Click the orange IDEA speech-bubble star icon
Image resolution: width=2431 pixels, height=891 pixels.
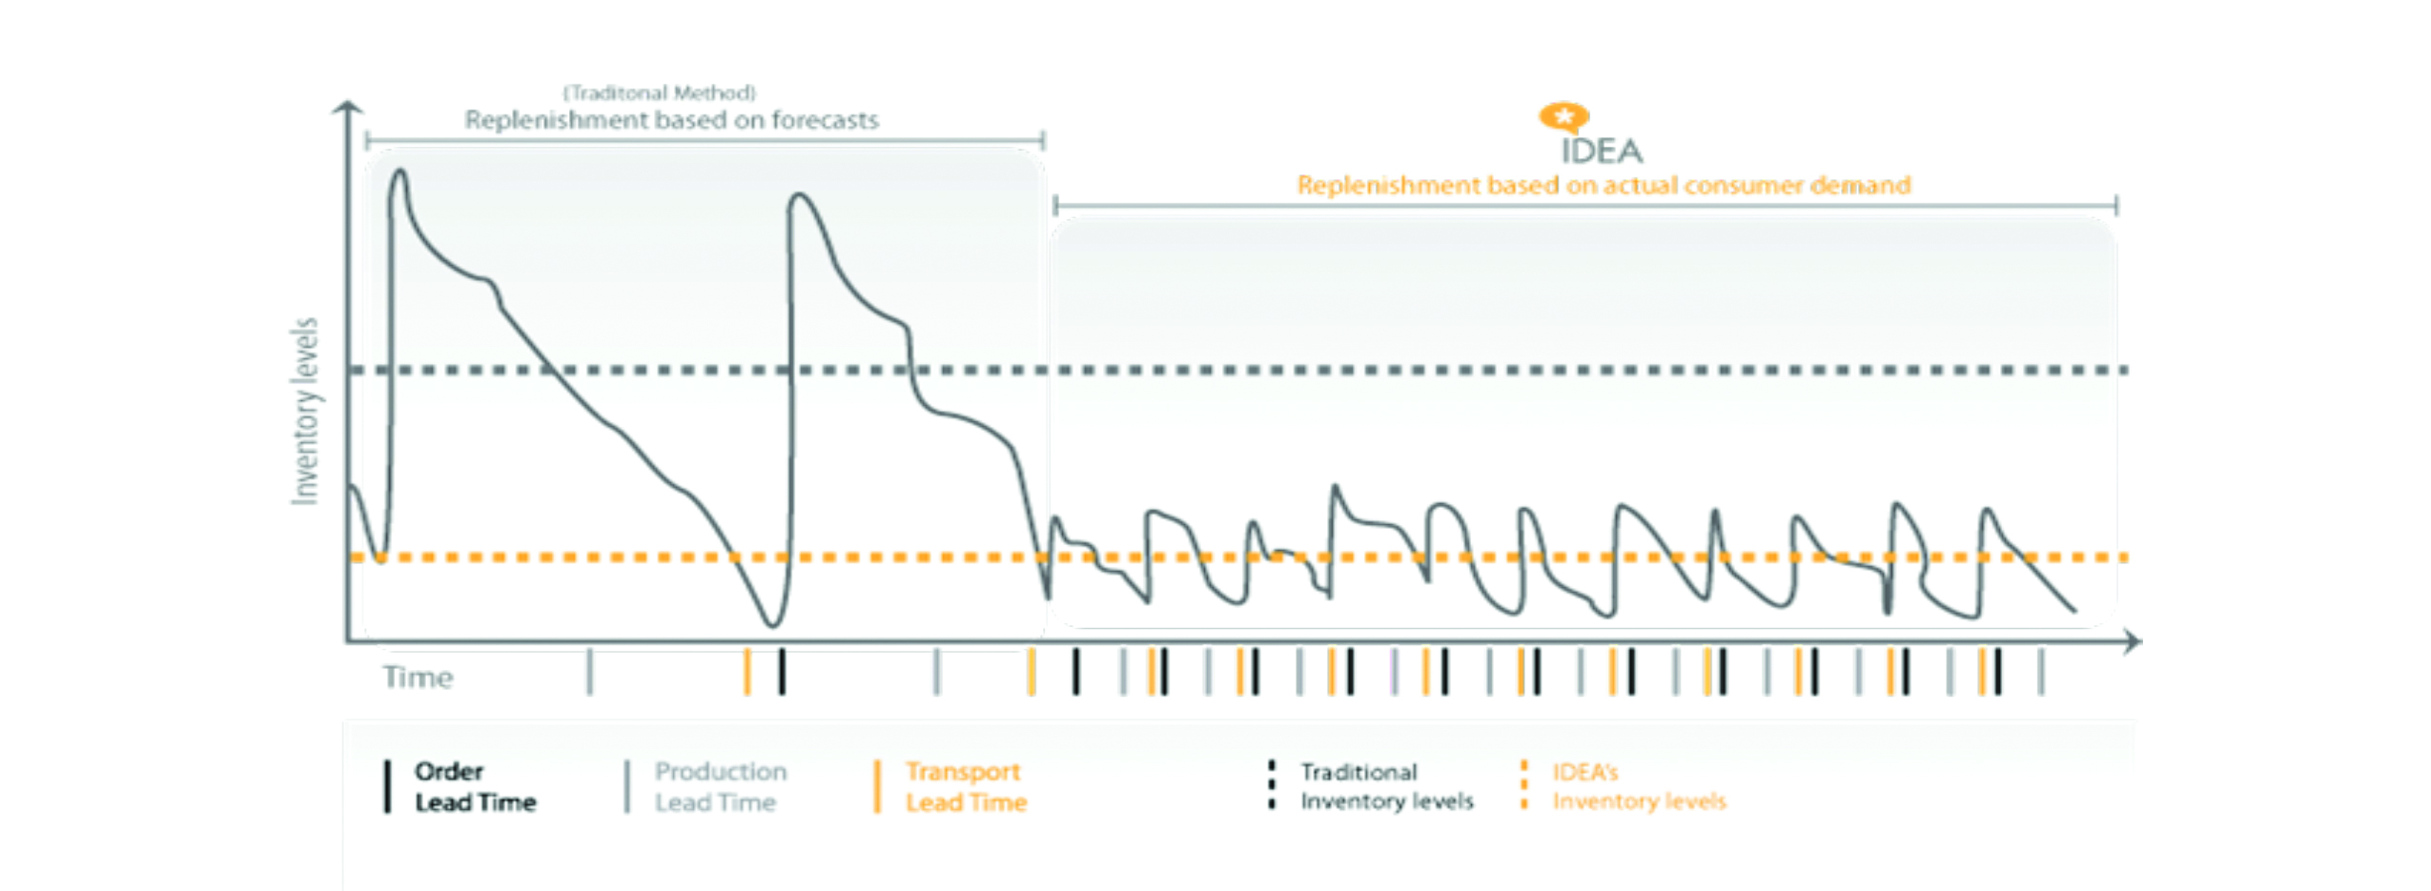point(1563,117)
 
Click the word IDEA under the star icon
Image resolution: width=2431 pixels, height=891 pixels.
point(1601,151)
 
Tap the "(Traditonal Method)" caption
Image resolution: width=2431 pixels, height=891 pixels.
point(659,92)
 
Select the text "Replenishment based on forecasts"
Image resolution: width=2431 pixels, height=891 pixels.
point(671,120)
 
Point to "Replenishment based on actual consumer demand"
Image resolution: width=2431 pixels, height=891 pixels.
point(1604,185)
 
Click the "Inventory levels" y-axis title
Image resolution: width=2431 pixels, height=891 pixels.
point(304,411)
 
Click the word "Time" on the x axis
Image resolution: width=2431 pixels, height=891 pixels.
point(418,678)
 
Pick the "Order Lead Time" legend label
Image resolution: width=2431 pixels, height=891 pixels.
point(475,786)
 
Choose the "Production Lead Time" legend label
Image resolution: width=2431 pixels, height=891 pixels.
point(720,786)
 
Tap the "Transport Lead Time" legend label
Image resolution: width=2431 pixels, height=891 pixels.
point(966,786)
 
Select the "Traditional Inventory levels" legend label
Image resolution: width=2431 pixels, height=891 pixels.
point(1386,786)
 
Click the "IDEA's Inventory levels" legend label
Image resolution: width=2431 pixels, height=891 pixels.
point(1639,786)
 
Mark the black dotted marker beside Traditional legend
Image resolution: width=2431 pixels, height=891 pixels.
point(1271,785)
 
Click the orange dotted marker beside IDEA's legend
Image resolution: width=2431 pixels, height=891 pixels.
point(1523,785)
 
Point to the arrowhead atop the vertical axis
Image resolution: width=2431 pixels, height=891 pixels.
point(348,107)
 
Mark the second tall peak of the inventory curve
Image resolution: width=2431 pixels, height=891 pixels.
point(799,196)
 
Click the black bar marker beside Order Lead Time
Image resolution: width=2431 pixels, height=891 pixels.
point(387,786)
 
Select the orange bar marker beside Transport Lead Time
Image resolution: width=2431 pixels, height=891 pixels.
point(877,786)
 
